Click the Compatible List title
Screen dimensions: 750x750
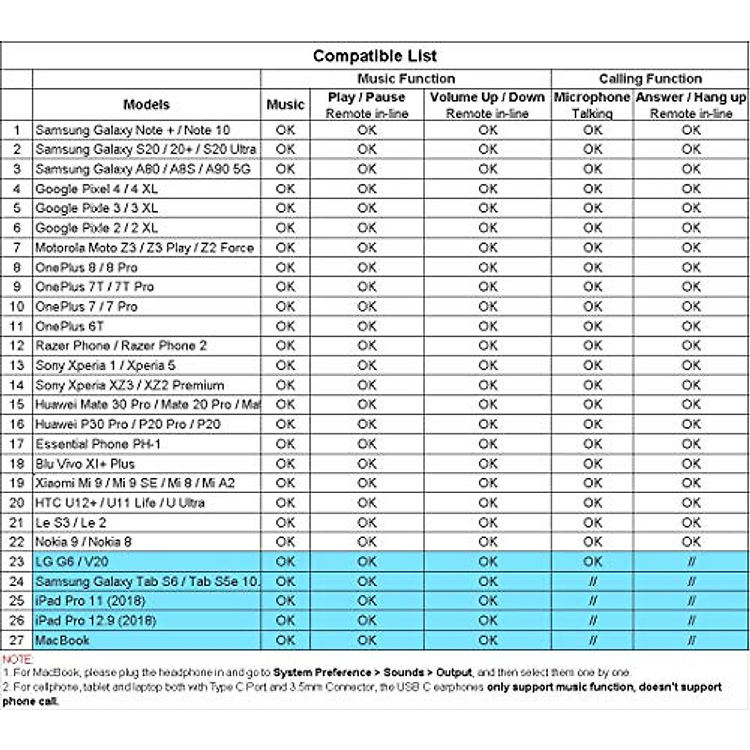(374, 56)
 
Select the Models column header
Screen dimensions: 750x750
(146, 104)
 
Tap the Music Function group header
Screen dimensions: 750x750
(406, 79)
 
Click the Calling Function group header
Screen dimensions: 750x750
(650, 79)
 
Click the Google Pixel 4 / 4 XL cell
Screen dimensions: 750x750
(97, 189)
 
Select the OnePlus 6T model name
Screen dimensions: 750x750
(69, 326)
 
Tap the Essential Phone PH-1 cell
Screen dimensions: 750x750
(98, 444)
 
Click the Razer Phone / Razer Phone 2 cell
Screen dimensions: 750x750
(121, 346)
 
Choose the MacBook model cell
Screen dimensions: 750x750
(62, 640)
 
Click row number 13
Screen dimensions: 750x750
(17, 365)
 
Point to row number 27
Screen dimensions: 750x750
(17, 640)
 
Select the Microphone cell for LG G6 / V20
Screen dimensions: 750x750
(592, 561)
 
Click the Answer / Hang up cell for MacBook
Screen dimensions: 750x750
(691, 640)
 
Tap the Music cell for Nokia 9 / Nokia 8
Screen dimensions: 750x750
(285, 542)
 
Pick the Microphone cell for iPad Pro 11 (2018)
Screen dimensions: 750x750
(592, 601)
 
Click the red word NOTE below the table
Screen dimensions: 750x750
(17, 659)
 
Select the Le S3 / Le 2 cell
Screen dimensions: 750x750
(71, 522)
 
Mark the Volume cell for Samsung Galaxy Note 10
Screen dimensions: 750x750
(487, 130)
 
